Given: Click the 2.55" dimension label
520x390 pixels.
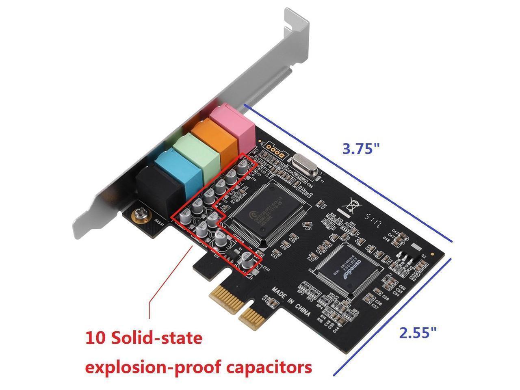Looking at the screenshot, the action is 418,333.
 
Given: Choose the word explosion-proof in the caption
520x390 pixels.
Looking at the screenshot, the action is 151,367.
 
